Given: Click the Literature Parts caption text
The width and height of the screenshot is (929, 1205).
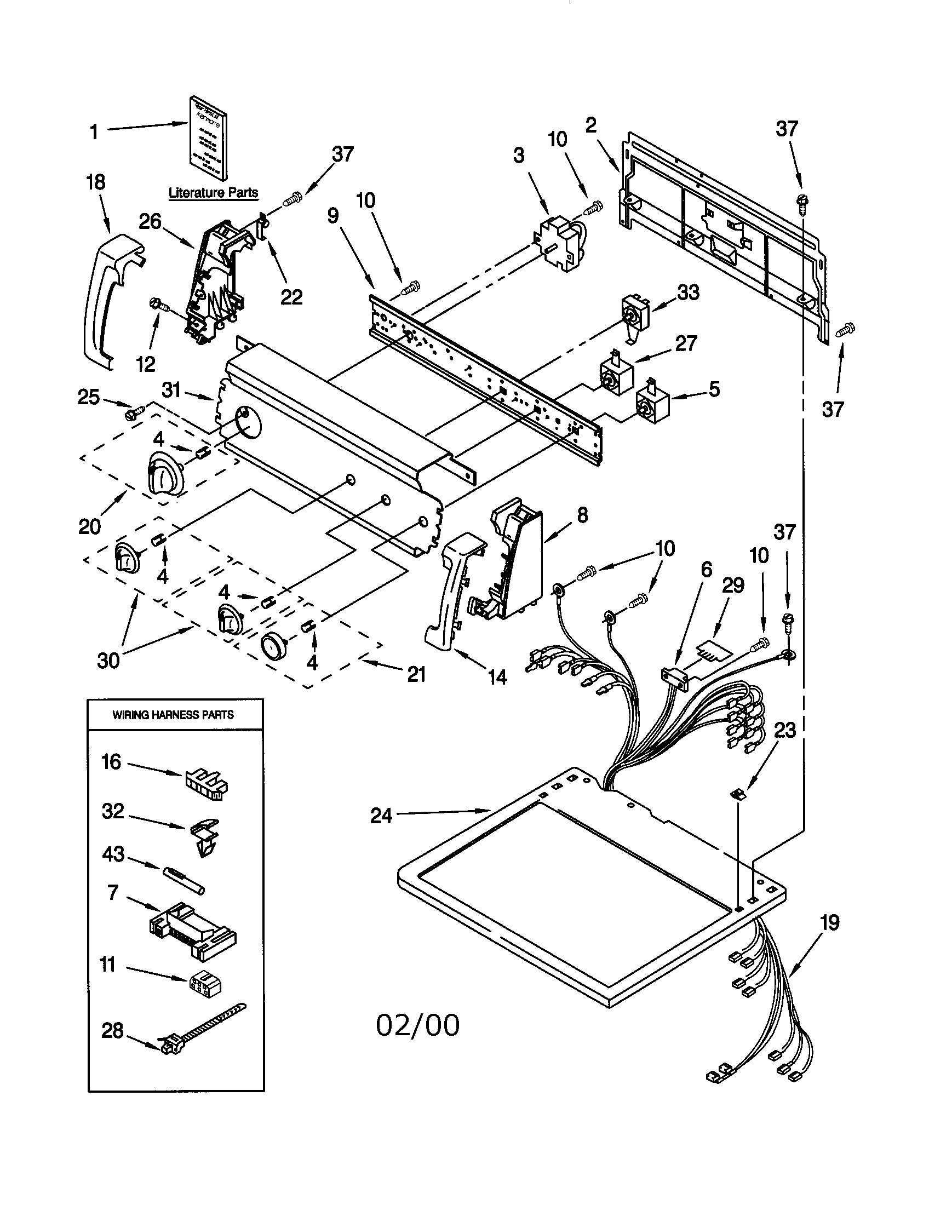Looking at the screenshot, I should (x=213, y=193).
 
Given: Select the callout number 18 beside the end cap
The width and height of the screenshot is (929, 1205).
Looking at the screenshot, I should (x=95, y=182).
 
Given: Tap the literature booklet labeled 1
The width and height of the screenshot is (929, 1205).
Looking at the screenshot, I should (x=206, y=138).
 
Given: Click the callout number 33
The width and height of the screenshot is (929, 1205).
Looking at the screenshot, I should (x=688, y=292).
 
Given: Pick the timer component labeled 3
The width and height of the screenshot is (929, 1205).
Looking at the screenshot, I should (x=558, y=243).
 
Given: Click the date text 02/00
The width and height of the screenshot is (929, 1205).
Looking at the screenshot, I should (x=417, y=1026).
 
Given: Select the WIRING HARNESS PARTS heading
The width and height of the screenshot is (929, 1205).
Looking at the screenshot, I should (x=173, y=715).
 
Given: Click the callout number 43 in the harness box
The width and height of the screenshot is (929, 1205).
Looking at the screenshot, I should (x=113, y=854).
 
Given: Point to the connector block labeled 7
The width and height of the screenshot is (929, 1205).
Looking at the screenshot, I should (x=192, y=930).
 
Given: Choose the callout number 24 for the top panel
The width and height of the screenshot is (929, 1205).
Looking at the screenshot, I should (x=381, y=815).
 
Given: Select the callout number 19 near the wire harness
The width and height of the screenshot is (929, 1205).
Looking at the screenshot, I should (x=829, y=922).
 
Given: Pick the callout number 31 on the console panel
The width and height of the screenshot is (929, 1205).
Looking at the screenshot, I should (x=171, y=390).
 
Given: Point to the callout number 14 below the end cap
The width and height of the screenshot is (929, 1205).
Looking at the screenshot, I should (x=497, y=677).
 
